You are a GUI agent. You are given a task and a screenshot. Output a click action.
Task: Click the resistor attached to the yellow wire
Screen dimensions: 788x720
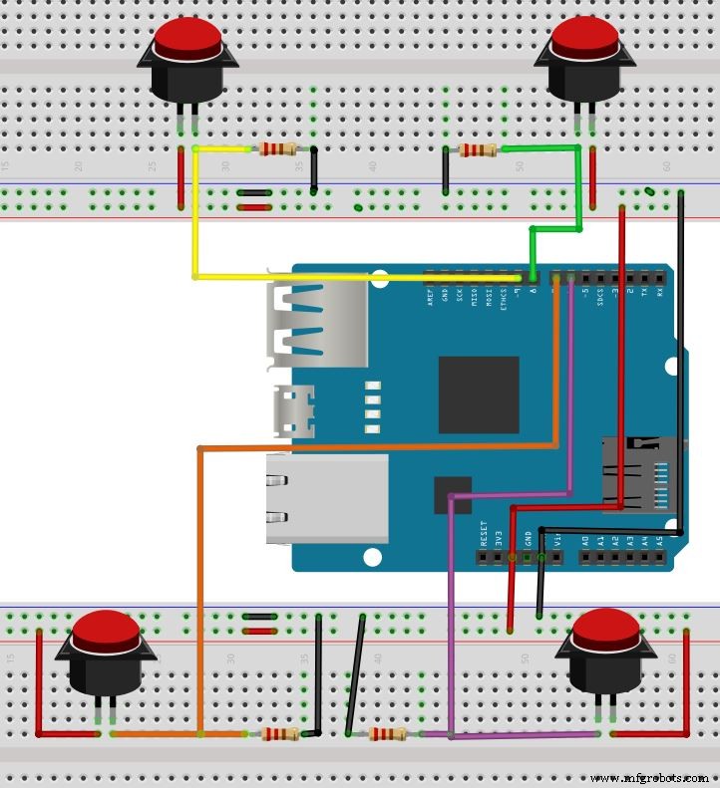tap(277, 149)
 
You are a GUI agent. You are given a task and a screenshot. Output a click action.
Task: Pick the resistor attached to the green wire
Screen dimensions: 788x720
tap(478, 151)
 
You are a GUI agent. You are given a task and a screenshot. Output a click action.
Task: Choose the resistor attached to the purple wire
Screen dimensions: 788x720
tap(387, 734)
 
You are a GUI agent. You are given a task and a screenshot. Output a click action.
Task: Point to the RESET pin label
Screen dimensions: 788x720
tap(484, 535)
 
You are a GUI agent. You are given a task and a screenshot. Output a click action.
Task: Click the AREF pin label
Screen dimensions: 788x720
tap(430, 296)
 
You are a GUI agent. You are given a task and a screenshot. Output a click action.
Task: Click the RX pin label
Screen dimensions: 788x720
tap(659, 296)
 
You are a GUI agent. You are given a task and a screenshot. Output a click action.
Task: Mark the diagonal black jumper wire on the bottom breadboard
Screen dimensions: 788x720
tap(355, 674)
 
